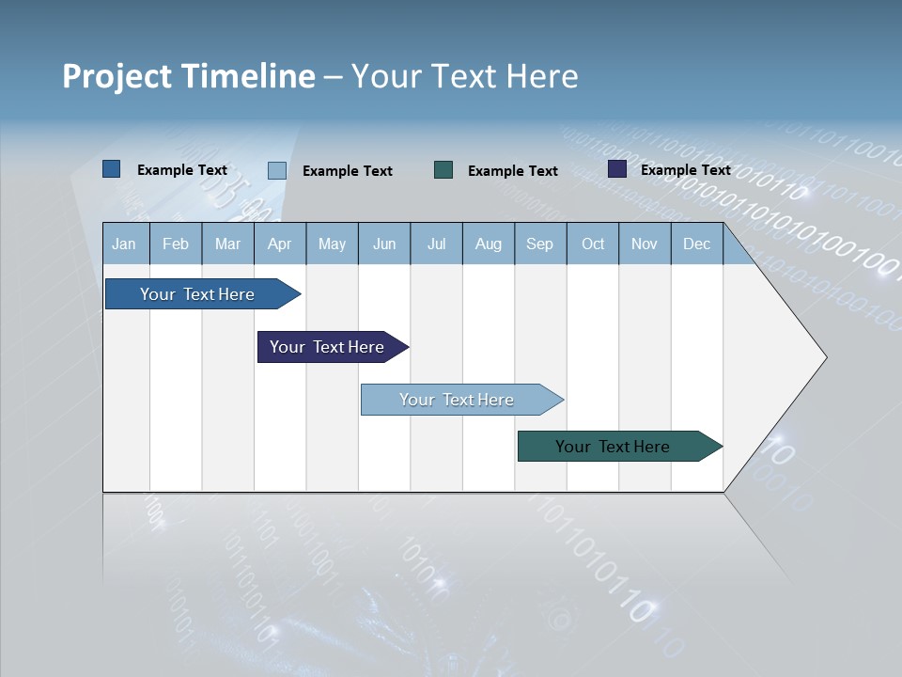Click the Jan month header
click(125, 244)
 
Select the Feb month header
click(176, 244)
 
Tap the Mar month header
click(227, 244)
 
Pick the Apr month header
click(280, 244)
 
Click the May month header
click(332, 244)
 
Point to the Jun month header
click(384, 244)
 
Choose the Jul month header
click(436, 244)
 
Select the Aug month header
click(489, 244)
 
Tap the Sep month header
click(540, 244)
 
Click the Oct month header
click(593, 244)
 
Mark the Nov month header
click(645, 244)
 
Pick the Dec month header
click(697, 244)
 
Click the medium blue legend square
click(112, 169)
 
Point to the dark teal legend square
click(443, 169)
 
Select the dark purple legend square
click(617, 169)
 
